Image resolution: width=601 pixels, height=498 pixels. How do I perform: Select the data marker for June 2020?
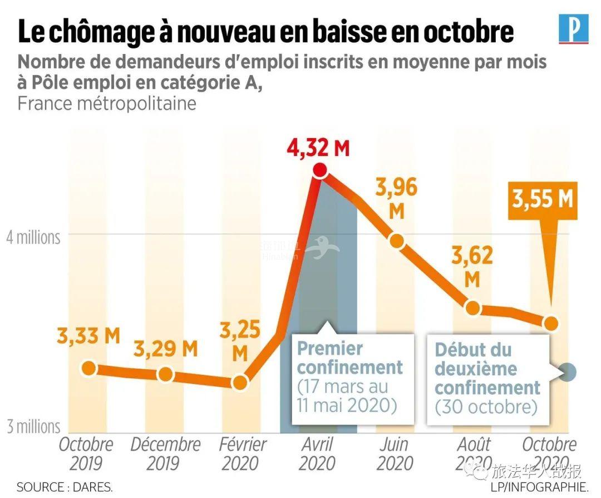click(x=396, y=241)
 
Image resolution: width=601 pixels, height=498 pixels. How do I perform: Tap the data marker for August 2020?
click(x=472, y=307)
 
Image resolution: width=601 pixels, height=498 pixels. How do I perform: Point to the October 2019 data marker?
click(x=88, y=368)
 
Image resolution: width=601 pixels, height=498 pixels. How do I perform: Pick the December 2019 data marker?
click(x=165, y=374)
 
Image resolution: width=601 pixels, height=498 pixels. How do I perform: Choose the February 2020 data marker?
click(x=240, y=382)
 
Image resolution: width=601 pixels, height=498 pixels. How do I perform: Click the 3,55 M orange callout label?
click(x=543, y=200)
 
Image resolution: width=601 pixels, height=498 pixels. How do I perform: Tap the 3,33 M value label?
click(x=88, y=336)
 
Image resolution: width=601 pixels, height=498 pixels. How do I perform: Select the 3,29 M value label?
click(x=165, y=349)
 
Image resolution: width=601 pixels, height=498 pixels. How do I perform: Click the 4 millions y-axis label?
click(x=33, y=237)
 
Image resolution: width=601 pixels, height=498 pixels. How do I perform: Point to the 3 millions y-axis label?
click(x=33, y=427)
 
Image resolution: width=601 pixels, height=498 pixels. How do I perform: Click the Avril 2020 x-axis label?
click(x=318, y=453)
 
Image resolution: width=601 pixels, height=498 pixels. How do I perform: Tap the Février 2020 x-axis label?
click(x=242, y=453)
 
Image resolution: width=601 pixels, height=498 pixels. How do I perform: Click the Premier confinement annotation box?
click(x=351, y=377)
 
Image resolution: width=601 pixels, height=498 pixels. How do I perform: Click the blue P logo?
click(x=573, y=30)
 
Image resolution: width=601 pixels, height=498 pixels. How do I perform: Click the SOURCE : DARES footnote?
click(x=65, y=487)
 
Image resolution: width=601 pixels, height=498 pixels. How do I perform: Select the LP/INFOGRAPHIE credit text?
click(x=539, y=487)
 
